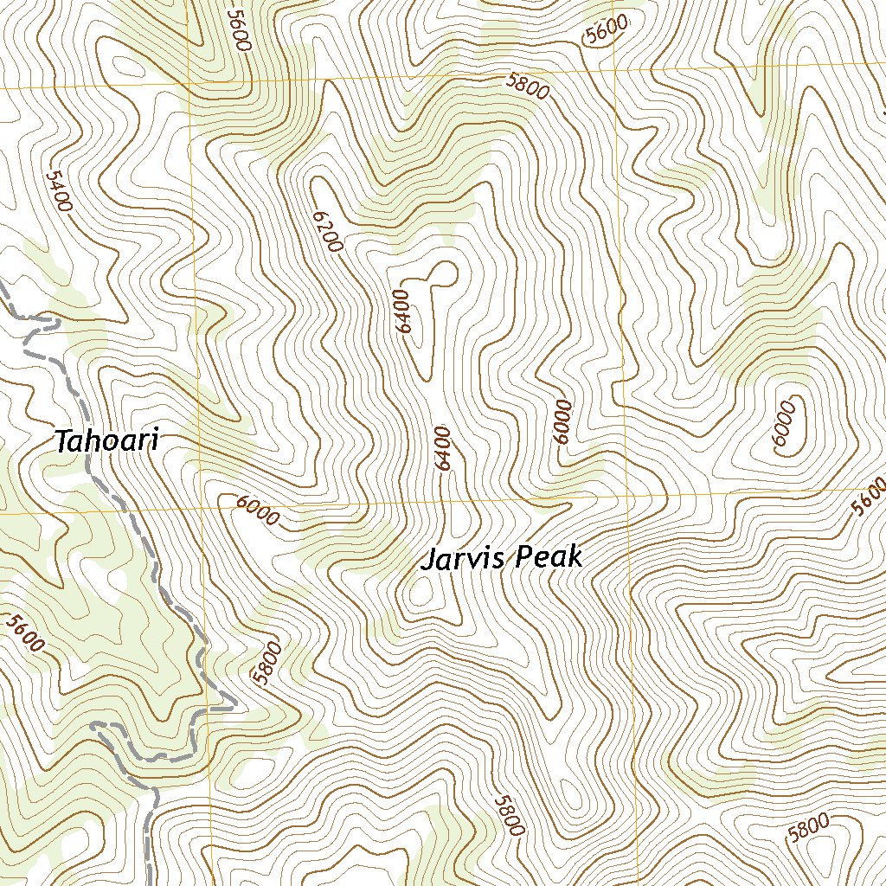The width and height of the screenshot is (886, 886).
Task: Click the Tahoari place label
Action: coord(107,441)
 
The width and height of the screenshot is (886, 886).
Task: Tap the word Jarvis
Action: coord(462,560)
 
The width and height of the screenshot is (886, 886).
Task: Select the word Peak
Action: coord(549,558)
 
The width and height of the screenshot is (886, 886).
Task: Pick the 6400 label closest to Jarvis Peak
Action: coord(445,448)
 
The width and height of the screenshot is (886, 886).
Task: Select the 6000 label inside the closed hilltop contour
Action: coord(784,423)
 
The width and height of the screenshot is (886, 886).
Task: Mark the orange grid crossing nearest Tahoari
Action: coord(198,510)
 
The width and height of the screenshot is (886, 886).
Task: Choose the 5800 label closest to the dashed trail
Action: coord(267,662)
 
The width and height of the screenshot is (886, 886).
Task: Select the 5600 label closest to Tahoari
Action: coord(24,632)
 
